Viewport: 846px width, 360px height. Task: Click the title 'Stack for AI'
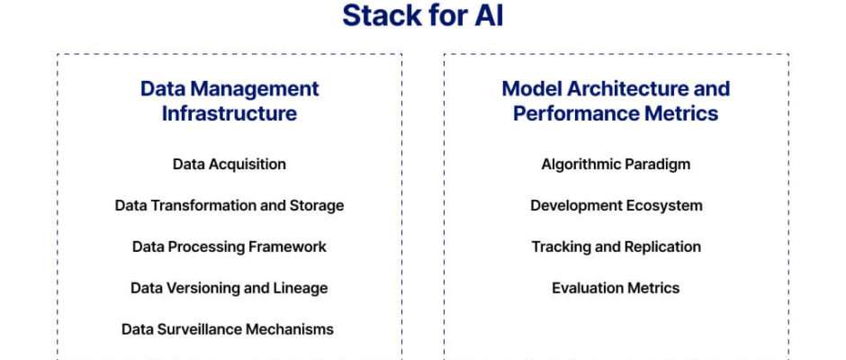423,15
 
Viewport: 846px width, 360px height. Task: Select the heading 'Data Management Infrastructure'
229,101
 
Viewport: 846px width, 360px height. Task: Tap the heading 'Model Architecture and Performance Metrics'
616,101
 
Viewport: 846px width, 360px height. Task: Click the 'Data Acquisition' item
229,164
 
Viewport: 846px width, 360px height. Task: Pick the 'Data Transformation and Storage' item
229,205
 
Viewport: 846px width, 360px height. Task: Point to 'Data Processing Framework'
229,247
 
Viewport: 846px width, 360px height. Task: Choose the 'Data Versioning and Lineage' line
229,288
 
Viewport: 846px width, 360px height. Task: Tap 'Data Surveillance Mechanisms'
227,329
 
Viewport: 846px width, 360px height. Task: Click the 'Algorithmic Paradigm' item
616,164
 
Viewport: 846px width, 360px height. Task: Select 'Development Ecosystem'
616,205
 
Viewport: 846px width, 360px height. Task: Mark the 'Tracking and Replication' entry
616,247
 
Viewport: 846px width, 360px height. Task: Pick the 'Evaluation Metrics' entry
616,288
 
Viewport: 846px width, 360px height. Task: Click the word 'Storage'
317,206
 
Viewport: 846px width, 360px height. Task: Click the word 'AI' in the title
490,15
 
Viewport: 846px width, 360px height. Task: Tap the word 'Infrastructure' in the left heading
229,113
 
